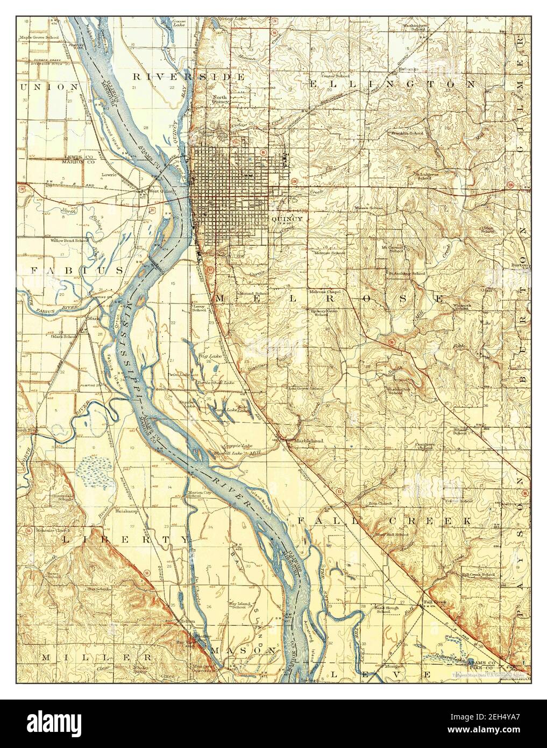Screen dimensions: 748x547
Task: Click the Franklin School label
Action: pos(407,132)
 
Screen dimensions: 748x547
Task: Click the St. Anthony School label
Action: pos(407,273)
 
